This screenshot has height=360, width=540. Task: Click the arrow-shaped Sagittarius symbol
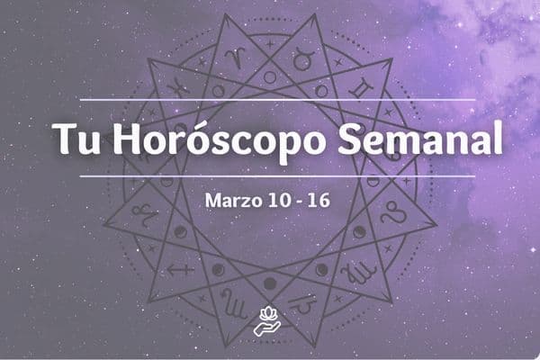point(180,268)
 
